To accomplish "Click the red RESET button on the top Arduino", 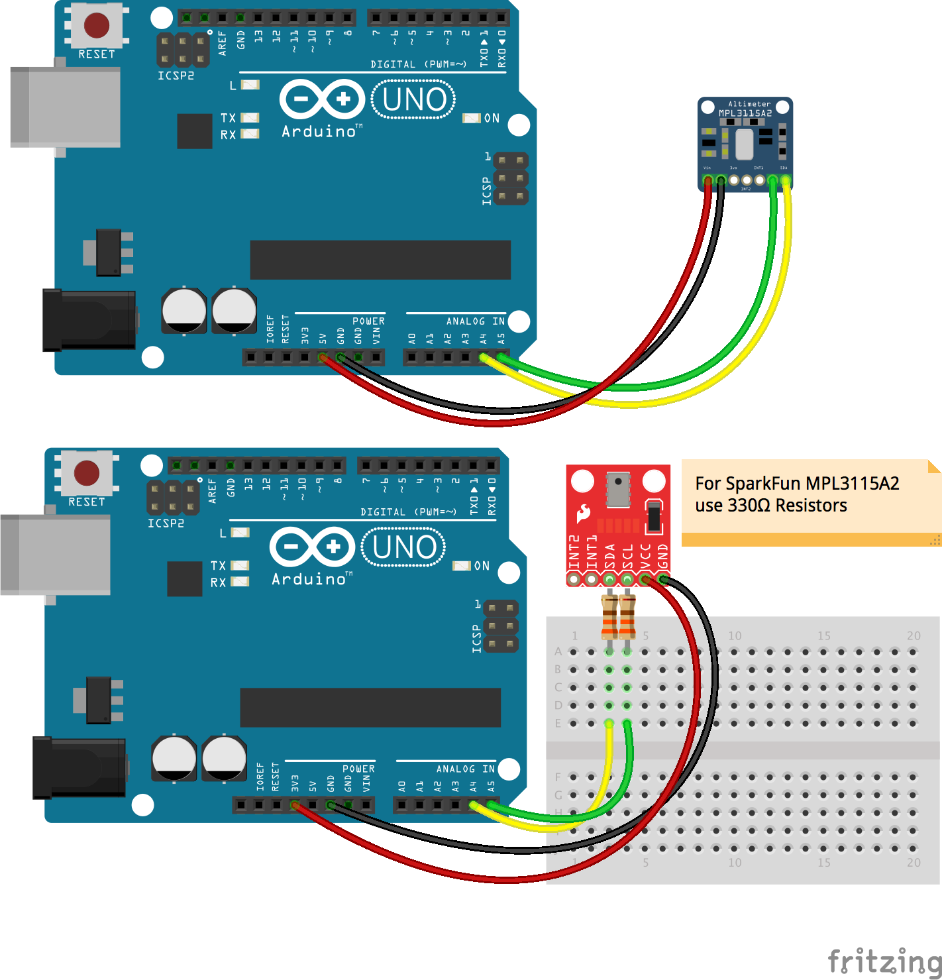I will click(97, 26).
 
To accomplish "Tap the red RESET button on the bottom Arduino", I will click(87, 474).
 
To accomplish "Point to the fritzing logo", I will click(884, 960).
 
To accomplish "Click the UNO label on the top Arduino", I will click(414, 99).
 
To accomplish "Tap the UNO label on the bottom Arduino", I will click(404, 547).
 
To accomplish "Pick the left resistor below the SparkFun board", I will click(609, 616).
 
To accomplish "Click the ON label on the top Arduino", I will click(492, 118).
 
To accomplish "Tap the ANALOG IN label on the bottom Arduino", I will click(465, 769).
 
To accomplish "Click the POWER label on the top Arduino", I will click(368, 321).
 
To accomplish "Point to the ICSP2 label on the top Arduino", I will click(176, 76).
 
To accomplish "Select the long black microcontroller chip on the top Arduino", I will click(380, 260).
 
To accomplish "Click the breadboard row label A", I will click(558, 651).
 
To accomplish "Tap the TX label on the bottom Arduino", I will click(218, 565).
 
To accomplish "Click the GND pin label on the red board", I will click(662, 556).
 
